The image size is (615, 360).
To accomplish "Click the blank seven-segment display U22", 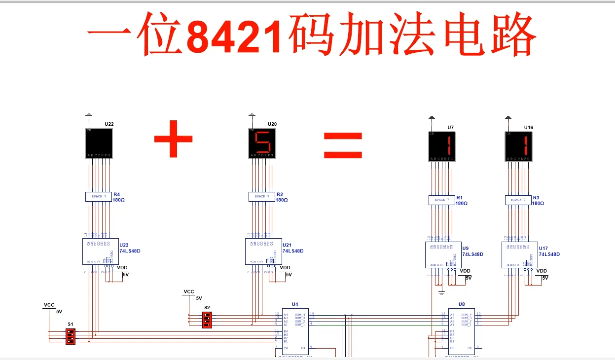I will [99, 143].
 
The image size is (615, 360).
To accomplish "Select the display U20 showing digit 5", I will [262, 143].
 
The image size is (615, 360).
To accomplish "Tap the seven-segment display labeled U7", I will [442, 146].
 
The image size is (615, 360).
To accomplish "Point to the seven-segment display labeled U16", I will [519, 146].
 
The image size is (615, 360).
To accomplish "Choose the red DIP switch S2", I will [207, 320].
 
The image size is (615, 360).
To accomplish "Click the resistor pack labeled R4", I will [99, 196].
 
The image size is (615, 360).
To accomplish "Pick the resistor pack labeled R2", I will [262, 196].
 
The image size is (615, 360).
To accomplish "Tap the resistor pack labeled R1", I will [441, 200].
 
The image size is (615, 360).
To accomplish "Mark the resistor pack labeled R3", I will [518, 200].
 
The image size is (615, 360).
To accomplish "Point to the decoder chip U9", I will [443, 255].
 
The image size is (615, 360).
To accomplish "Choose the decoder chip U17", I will [519, 255].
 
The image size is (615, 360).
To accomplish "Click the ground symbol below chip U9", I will [442, 292].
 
